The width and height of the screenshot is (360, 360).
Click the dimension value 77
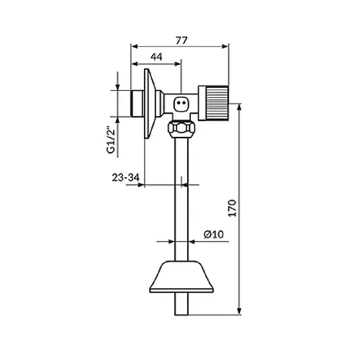click(x=181, y=40)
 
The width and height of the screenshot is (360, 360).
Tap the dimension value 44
click(x=156, y=57)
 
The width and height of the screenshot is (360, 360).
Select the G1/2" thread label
click(x=111, y=142)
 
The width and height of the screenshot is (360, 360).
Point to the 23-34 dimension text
click(x=125, y=178)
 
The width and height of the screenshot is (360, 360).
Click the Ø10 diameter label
click(x=214, y=234)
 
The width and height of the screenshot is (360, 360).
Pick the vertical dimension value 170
click(x=232, y=208)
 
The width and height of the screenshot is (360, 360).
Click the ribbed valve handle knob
click(x=213, y=103)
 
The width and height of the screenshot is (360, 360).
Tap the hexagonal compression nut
click(x=181, y=128)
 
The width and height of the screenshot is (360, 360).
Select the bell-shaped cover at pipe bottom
click(x=181, y=276)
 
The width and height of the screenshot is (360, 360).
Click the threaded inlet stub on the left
click(x=137, y=104)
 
